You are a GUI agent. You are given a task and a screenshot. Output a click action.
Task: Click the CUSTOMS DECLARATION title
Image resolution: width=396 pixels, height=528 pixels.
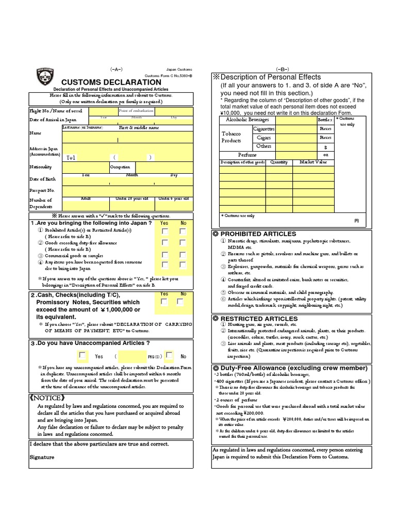point(111,82)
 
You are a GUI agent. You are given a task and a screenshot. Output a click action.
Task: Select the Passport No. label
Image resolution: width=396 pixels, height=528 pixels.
point(41,190)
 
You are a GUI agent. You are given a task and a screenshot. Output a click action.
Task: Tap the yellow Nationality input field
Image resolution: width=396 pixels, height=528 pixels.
point(85,167)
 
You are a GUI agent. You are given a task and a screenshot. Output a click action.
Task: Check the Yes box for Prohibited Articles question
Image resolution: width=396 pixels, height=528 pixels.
point(164,232)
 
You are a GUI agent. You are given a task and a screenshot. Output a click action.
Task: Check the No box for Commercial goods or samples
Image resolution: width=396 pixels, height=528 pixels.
point(183,254)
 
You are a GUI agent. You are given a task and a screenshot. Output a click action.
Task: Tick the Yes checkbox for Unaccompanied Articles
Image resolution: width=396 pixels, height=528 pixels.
point(82,355)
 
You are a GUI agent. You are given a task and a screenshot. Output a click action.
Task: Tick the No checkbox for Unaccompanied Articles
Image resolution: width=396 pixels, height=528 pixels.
point(169,355)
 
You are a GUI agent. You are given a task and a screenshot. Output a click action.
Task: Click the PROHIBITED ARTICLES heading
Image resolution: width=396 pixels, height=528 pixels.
point(255,234)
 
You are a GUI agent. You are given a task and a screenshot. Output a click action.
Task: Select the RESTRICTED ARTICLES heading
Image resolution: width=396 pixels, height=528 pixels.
point(255,319)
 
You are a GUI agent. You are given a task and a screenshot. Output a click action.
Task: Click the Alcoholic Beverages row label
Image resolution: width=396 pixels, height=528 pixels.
point(248,120)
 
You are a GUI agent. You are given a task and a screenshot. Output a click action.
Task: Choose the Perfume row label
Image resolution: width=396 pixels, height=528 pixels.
point(247,155)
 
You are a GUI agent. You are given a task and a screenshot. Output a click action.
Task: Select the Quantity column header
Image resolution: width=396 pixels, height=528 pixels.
point(278,162)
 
